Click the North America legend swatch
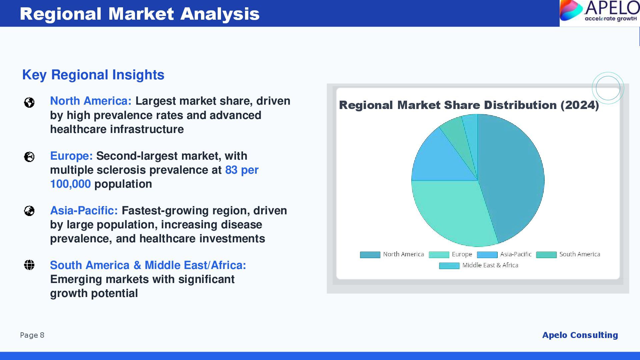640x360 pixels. pyautogui.click(x=370, y=255)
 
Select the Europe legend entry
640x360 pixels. pyautogui.click(x=450, y=254)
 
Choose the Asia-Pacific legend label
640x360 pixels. pyautogui.click(x=516, y=254)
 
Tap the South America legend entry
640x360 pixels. pyautogui.click(x=568, y=254)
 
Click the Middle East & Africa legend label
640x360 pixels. pyautogui.click(x=490, y=265)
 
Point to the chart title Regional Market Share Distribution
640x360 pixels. pyautogui.click(x=469, y=105)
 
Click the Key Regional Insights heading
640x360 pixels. pyautogui.click(x=93, y=75)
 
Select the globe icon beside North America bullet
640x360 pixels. pyautogui.click(x=29, y=102)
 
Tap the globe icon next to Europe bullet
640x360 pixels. pyautogui.click(x=29, y=157)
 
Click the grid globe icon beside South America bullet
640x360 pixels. pyautogui.click(x=29, y=265)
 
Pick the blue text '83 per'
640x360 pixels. pyautogui.click(x=242, y=170)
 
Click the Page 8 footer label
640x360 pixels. pyautogui.click(x=32, y=335)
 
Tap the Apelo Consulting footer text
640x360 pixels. pyautogui.click(x=580, y=335)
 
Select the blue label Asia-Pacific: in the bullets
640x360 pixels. pyautogui.click(x=84, y=211)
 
